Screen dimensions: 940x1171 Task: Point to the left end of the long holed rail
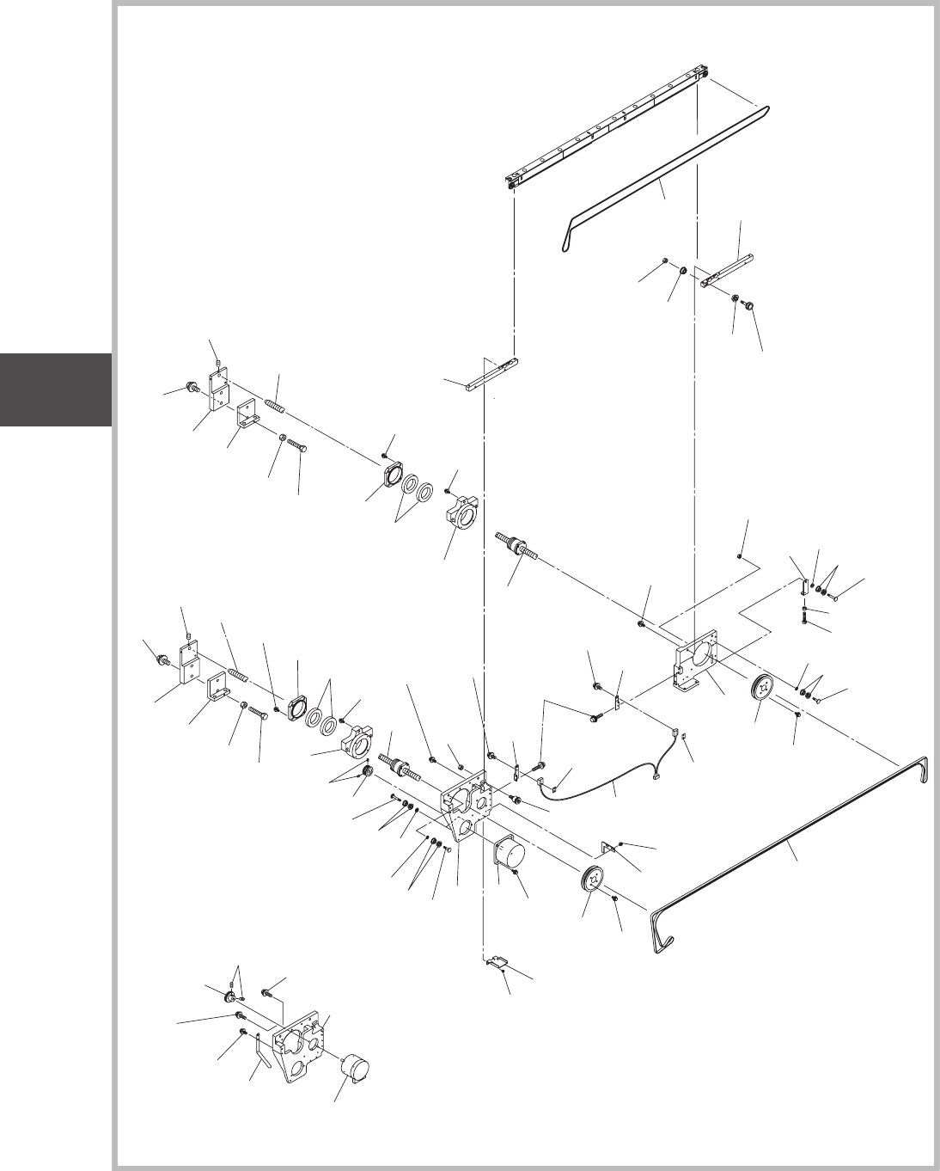coord(513,181)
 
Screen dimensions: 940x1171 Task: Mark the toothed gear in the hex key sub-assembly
coord(231,997)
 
